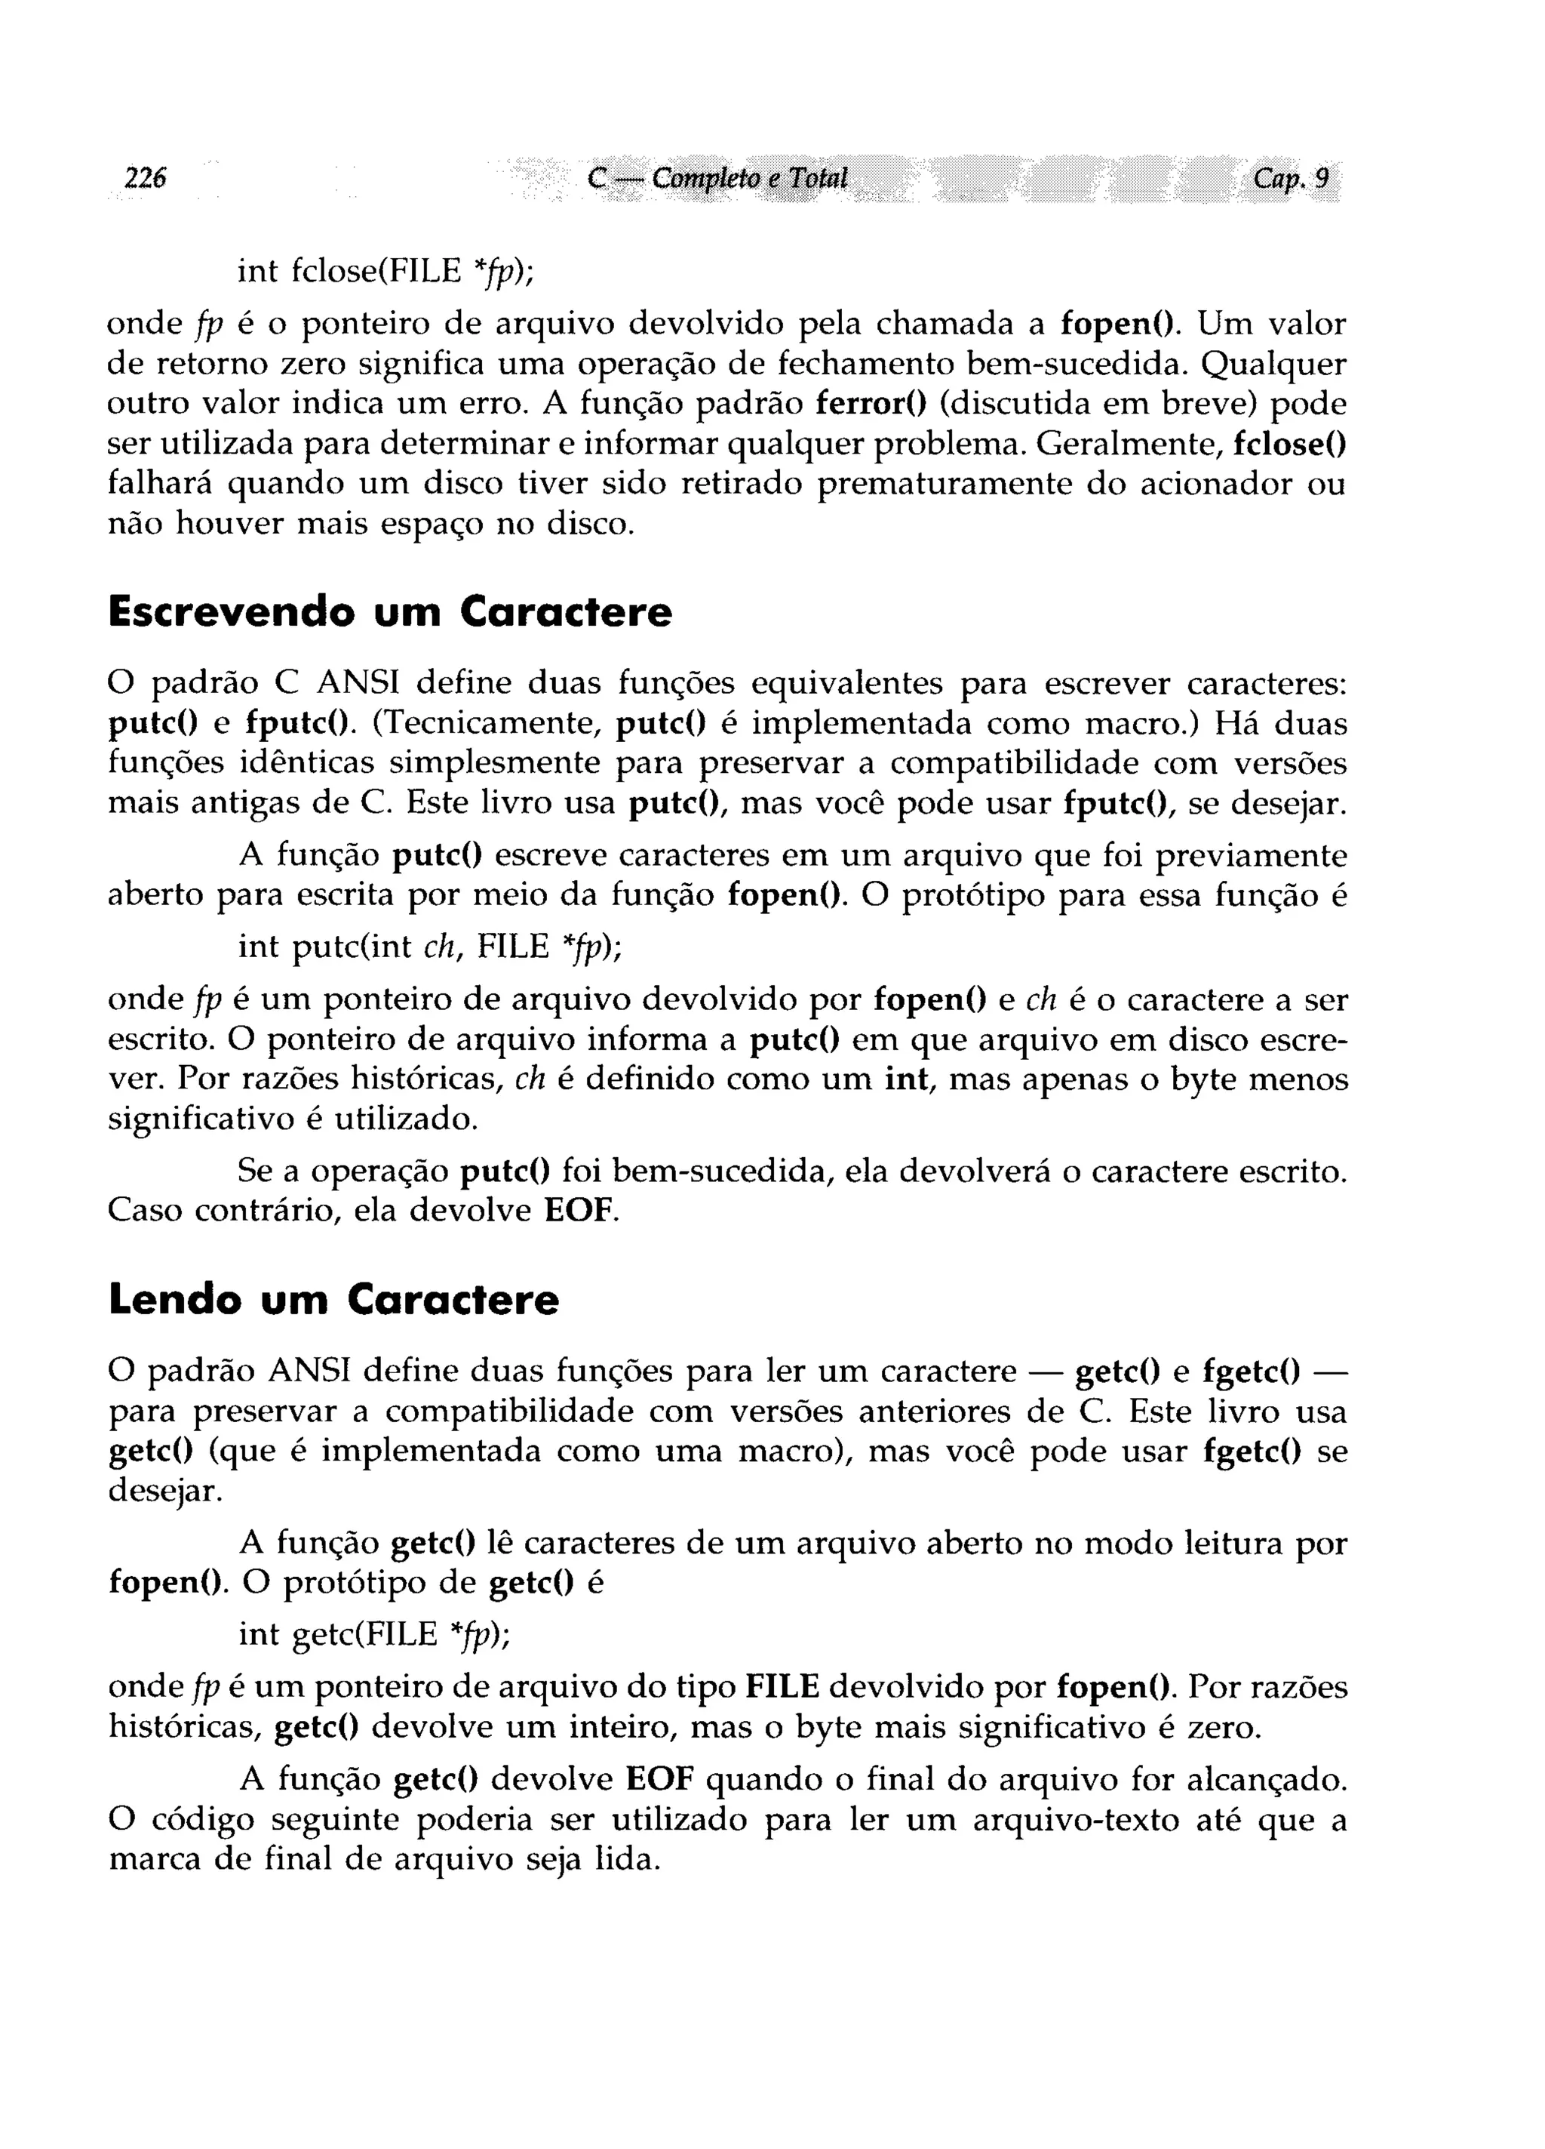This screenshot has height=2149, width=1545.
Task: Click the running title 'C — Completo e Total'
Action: click(x=717, y=178)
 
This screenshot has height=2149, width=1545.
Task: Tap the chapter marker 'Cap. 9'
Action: click(x=1290, y=177)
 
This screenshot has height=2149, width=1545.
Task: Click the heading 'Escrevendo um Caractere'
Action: click(x=389, y=612)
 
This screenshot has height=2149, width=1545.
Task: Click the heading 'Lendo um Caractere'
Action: click(x=333, y=1299)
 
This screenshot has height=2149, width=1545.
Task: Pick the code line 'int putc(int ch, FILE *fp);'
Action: click(x=429, y=947)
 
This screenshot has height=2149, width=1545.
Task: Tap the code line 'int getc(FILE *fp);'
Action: click(x=373, y=1633)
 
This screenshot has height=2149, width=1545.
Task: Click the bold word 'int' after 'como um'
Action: click(x=904, y=1079)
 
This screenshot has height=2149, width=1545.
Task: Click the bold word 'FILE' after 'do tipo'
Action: click(x=782, y=1688)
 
